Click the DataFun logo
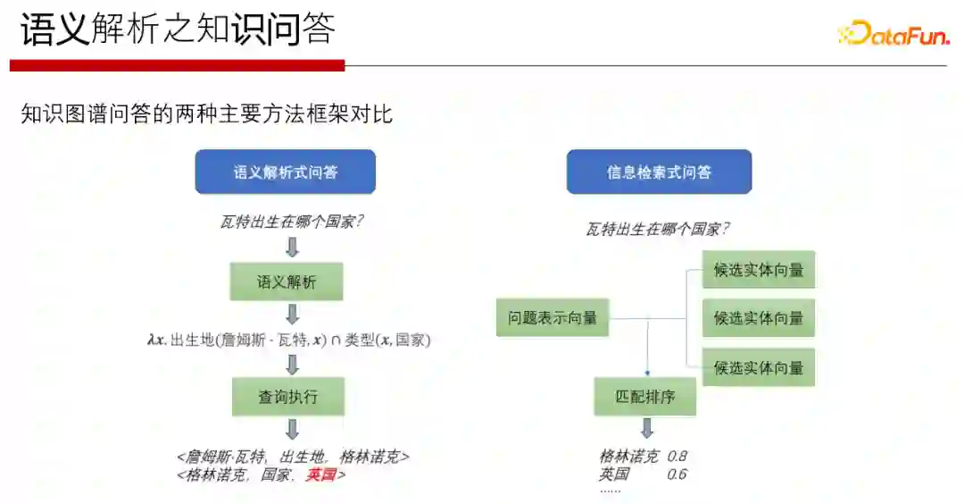coord(893,33)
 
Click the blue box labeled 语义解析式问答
coord(286,172)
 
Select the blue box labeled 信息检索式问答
coord(659,172)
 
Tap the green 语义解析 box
coord(287,282)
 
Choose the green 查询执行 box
coord(287,397)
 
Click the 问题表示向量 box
coord(553,317)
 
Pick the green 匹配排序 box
coord(645,396)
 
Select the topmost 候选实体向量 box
coord(759,270)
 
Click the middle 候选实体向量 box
coord(759,318)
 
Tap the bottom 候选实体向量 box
coord(759,367)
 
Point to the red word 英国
coord(320,475)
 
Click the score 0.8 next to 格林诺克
coord(677,456)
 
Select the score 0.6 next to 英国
coord(677,474)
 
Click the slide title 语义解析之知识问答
coord(178,30)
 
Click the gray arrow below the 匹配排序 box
coord(647,428)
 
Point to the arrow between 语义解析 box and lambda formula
coord(292,314)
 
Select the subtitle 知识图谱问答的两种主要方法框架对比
coord(207,114)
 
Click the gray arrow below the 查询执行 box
coord(292,429)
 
